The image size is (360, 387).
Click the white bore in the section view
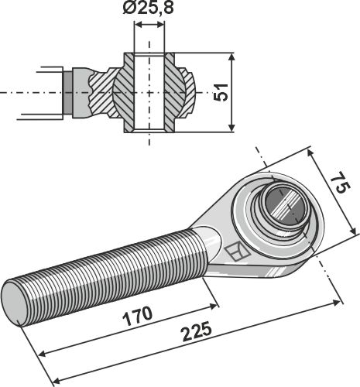[x=149, y=92]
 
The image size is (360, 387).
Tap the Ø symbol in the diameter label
[x=129, y=10]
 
